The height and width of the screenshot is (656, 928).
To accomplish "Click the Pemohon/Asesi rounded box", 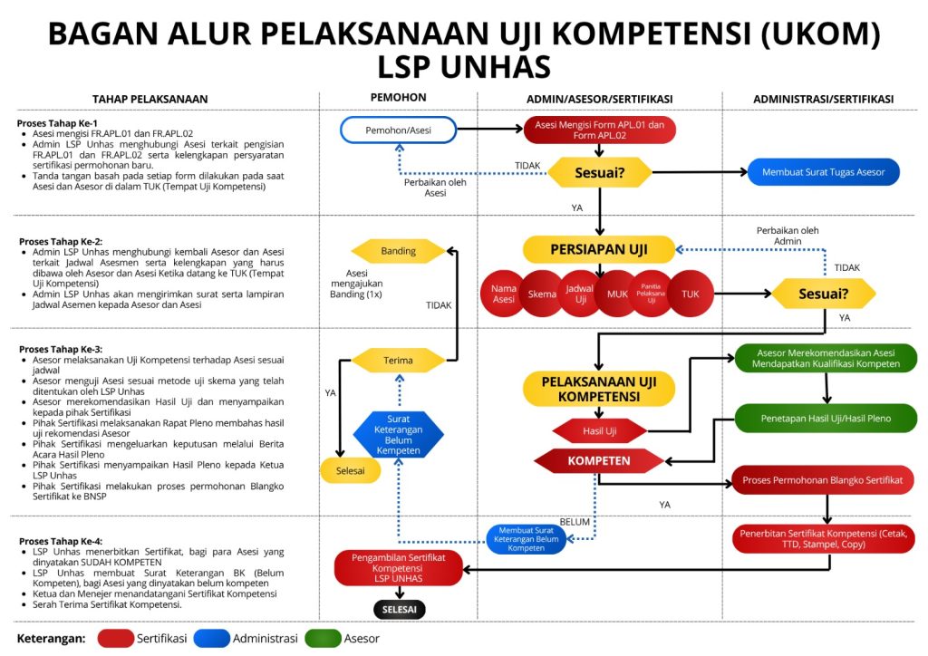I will [x=398, y=130].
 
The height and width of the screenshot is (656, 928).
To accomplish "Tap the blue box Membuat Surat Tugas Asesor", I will [x=824, y=172].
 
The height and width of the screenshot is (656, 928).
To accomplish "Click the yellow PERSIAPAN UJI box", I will [x=599, y=249].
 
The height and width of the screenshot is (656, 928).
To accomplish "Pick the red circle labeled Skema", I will [x=542, y=294].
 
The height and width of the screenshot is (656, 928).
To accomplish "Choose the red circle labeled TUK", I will [x=691, y=294].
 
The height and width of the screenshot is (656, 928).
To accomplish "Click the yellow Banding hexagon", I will [x=398, y=251].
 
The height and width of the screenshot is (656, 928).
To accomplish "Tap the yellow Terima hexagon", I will [x=398, y=360].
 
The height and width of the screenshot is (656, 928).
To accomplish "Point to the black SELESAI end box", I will [x=399, y=609].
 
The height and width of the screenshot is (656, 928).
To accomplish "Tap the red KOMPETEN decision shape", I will [x=599, y=460].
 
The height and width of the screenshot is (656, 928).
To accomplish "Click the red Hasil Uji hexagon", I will [x=599, y=430].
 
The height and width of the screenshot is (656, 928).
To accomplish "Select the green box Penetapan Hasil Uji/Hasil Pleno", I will [x=826, y=419].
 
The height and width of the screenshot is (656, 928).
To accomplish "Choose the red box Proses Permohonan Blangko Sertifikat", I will [x=823, y=479].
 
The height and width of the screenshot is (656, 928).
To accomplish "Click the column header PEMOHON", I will [x=398, y=98].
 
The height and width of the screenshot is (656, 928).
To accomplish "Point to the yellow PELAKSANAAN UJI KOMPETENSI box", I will [x=599, y=389].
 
